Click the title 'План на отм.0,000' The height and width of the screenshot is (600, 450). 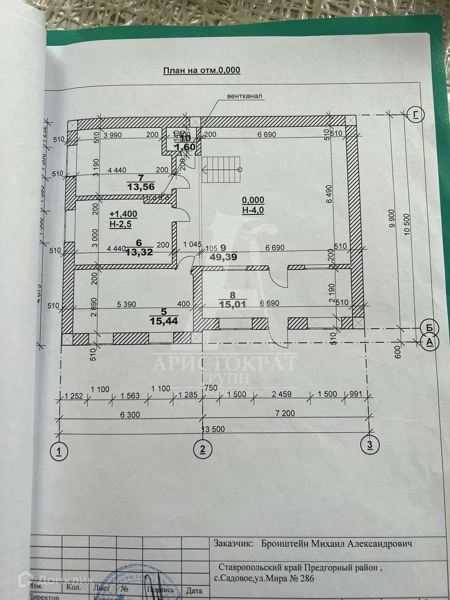[x=201, y=70]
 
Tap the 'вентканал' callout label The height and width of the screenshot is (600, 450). [x=244, y=96]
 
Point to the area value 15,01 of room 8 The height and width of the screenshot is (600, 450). [x=232, y=304]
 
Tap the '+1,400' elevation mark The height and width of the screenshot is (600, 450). [x=123, y=214]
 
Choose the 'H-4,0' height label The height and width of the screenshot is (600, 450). [x=253, y=210]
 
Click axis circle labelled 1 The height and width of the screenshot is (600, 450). [x=59, y=450]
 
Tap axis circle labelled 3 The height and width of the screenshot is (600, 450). [x=369, y=445]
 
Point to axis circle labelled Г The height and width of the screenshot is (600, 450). [x=416, y=114]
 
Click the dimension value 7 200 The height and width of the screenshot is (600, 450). [x=285, y=413]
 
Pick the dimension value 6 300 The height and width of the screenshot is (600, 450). [x=130, y=414]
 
